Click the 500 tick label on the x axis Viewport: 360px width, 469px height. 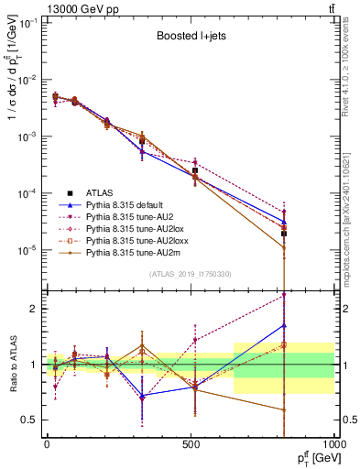coord(190,442)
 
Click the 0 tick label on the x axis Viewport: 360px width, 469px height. coord(47,442)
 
